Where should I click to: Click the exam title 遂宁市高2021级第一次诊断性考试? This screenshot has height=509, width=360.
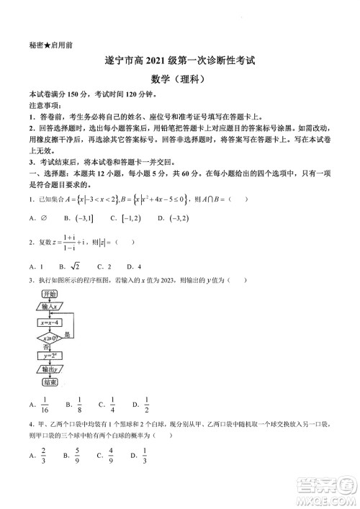[x=179, y=63]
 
